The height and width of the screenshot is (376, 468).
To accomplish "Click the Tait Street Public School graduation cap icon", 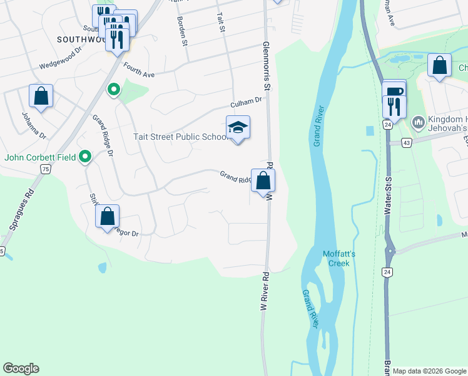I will click(238, 127).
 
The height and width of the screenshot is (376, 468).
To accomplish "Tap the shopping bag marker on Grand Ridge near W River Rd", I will click(263, 180).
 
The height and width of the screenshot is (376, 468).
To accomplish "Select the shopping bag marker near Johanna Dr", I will click(41, 96).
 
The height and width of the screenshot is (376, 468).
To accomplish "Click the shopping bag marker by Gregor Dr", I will click(107, 216).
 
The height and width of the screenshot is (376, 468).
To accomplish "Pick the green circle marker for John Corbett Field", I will click(86, 157).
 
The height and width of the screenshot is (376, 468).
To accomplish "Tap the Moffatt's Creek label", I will click(340, 258).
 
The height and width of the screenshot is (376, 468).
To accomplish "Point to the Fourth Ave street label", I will click(138, 71).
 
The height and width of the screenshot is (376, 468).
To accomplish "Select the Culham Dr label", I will click(249, 102).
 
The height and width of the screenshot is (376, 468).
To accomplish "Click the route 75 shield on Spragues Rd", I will click(46, 169).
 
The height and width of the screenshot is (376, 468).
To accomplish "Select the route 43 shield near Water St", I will click(406, 143).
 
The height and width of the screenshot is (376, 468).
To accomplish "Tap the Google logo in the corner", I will click(21, 368).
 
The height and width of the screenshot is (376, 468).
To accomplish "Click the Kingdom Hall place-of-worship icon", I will click(419, 121).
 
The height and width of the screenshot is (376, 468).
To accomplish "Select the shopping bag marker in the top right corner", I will click(440, 65).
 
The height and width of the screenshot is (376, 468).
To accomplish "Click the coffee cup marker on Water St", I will click(394, 91).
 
